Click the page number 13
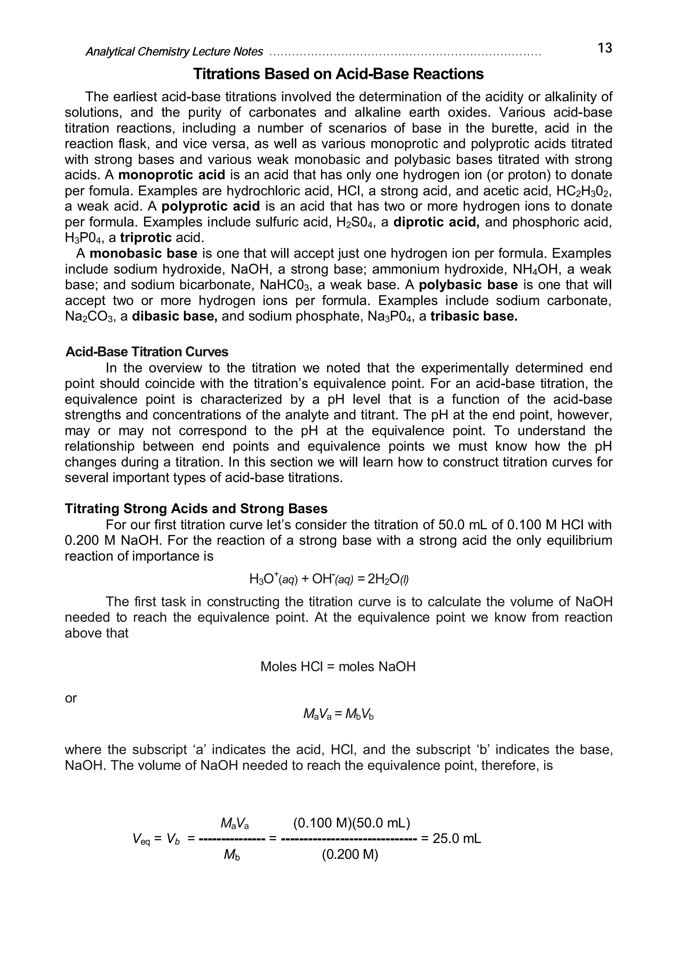(x=604, y=48)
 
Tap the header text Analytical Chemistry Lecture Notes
(x=174, y=52)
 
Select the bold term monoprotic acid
(x=172, y=175)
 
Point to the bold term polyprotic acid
(x=211, y=206)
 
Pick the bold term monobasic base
(x=143, y=253)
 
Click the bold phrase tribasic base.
(x=474, y=316)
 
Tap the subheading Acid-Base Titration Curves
(x=147, y=352)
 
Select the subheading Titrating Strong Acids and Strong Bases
(x=196, y=508)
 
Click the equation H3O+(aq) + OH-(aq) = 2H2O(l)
(x=329, y=578)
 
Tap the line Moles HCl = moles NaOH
(x=338, y=667)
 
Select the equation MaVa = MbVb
(x=338, y=715)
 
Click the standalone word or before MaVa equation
(x=71, y=698)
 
